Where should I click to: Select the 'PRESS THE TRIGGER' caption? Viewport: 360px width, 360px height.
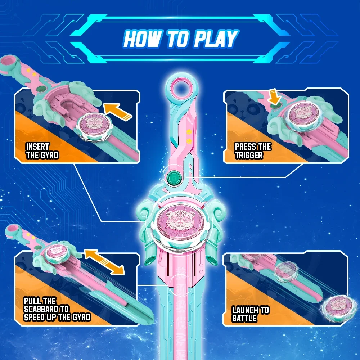pos(253,151)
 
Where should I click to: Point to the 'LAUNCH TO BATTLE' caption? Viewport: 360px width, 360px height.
pos(251,314)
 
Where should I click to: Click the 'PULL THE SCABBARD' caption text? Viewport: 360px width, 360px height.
pos(57,309)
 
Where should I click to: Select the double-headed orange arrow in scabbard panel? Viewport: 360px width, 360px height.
pos(104,262)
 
